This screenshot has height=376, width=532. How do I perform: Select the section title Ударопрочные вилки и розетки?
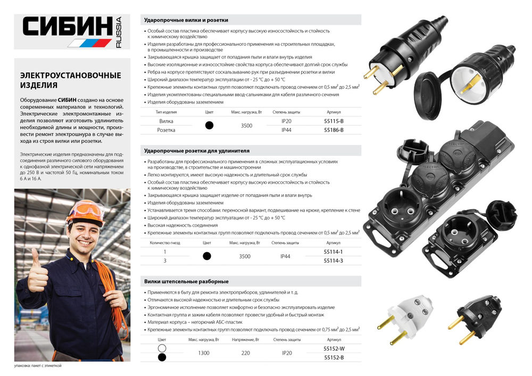186,20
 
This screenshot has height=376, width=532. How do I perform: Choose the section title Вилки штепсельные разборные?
186,281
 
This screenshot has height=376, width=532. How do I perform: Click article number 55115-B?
334,121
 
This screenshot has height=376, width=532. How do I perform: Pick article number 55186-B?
334,130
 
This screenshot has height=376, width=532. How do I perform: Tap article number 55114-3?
334,260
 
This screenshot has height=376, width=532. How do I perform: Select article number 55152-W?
334,349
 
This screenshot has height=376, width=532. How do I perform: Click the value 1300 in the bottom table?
204,353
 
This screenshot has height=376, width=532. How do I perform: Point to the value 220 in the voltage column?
245,353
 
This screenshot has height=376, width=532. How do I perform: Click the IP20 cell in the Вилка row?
286,121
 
